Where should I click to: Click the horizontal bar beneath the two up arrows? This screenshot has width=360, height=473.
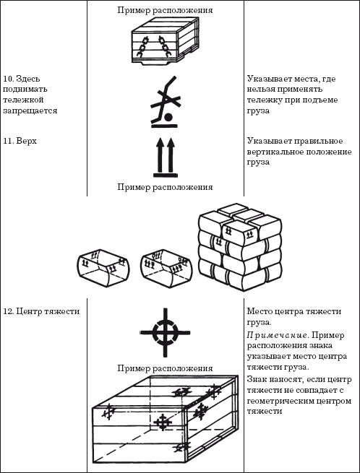pyautogui.click(x=165, y=174)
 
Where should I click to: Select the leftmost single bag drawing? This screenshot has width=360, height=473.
pyautogui.click(x=100, y=266)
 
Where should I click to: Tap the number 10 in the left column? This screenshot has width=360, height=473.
pyautogui.click(x=9, y=77)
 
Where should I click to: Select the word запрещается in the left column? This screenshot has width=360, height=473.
pyautogui.click(x=30, y=110)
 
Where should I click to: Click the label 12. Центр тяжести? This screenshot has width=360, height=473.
pyautogui.click(x=40, y=311)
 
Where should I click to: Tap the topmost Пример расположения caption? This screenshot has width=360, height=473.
pyautogui.click(x=165, y=11)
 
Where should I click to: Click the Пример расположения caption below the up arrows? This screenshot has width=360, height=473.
pyautogui.click(x=165, y=187)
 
